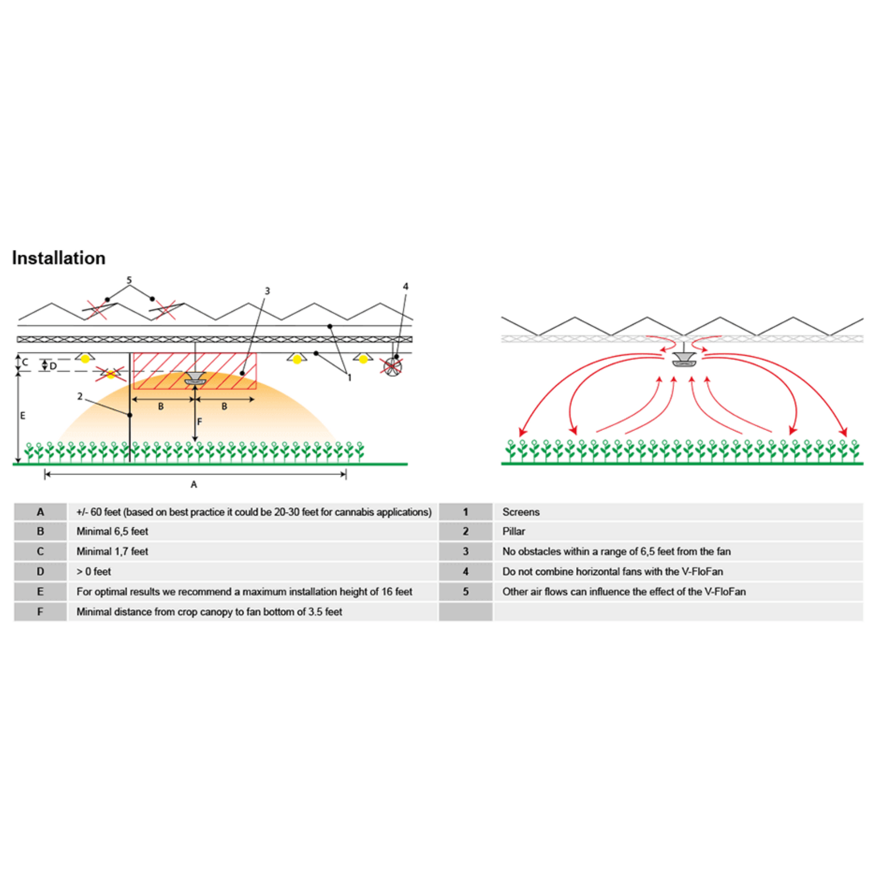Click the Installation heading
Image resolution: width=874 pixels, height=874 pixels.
tap(59, 258)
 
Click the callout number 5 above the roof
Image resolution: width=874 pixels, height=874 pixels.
tap(129, 280)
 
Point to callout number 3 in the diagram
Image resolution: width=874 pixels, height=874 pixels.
tap(267, 291)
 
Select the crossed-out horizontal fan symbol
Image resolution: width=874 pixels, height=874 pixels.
tap(392, 366)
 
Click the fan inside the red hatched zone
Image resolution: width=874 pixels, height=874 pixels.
tap(195, 379)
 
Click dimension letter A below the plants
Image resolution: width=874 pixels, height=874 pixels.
tap(194, 485)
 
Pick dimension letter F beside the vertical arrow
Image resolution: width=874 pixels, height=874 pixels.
tap(199, 422)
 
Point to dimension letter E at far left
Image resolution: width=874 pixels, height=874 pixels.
tap(22, 415)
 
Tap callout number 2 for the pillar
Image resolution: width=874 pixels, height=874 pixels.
tap(80, 396)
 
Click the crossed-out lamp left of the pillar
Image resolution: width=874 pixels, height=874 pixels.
tap(110, 373)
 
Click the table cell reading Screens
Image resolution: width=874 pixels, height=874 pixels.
tap(521, 512)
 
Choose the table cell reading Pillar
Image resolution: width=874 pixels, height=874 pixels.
tap(513, 532)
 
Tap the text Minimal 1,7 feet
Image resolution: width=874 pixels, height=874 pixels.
tap(112, 552)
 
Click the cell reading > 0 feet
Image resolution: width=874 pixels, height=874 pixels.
tap(93, 571)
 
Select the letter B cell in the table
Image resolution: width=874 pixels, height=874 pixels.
tap(40, 532)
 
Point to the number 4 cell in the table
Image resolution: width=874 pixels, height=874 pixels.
tap(465, 571)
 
